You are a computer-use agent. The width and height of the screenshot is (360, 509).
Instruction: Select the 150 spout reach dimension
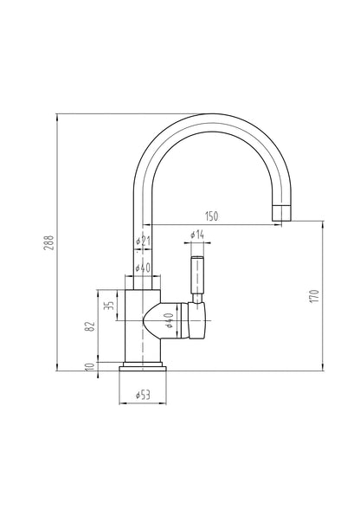pyautogui.click(x=210, y=215)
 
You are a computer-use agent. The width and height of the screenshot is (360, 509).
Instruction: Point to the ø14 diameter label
pyautogui.click(x=196, y=235)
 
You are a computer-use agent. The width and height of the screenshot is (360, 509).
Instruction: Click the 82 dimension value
pyautogui.click(x=88, y=326)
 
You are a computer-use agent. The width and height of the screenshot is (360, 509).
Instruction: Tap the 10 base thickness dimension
pyautogui.click(x=88, y=368)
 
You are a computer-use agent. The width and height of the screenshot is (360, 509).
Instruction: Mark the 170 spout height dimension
pyautogui.click(x=315, y=296)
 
